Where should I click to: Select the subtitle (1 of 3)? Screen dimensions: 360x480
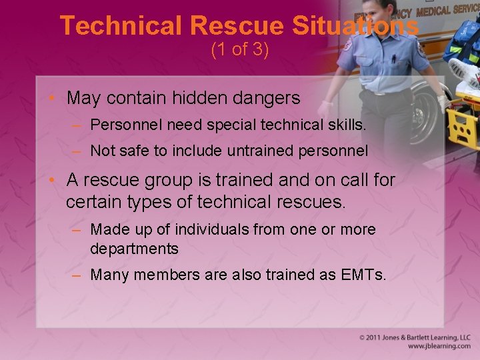240,50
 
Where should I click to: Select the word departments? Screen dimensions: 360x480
134,249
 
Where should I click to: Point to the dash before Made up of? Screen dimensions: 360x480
77,230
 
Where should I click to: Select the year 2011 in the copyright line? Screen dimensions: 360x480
377,338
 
